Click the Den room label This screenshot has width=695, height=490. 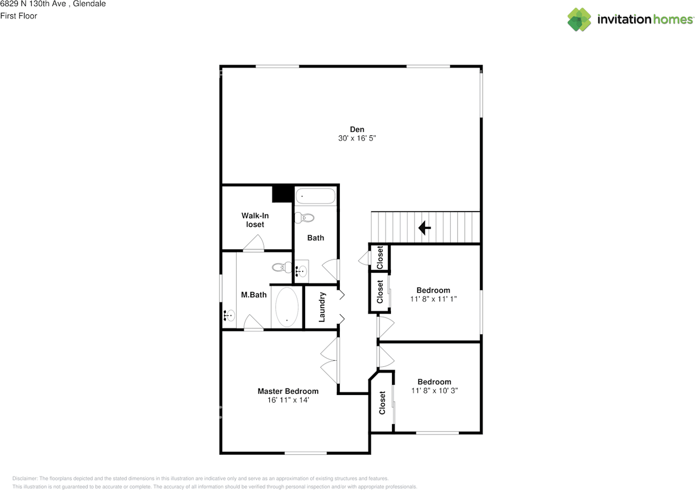point(357,129)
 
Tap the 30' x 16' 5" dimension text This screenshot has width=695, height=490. point(357,138)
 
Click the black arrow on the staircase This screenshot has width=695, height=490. point(425,227)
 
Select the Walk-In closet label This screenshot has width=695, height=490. point(255,220)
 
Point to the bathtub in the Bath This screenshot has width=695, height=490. point(315,196)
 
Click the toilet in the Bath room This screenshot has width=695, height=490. point(304,218)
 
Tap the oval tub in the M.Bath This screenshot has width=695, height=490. point(287,307)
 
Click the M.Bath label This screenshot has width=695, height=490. point(254,295)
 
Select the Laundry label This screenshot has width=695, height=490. point(322,307)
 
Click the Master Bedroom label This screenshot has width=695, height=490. point(288,391)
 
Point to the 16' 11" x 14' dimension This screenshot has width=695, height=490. point(288,400)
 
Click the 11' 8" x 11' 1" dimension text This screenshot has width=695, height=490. point(433,299)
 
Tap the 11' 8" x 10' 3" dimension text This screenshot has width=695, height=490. point(434,391)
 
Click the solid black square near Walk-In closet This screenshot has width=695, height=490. point(282,194)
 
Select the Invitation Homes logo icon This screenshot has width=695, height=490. point(579,20)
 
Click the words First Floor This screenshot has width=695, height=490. point(19,16)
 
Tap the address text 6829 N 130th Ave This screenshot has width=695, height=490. point(33,4)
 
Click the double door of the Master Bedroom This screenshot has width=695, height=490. point(330,361)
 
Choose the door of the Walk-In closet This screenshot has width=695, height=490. point(254,244)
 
